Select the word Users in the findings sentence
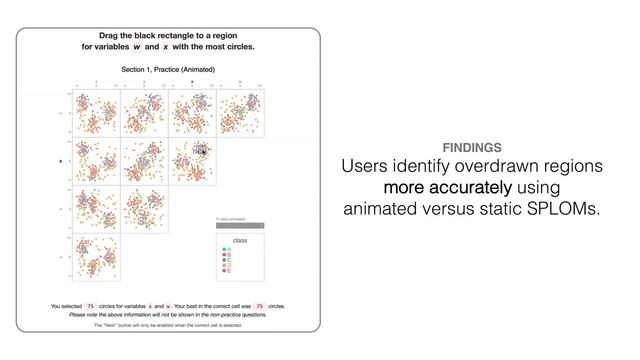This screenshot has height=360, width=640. [368, 166]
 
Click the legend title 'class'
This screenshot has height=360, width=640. [240, 241]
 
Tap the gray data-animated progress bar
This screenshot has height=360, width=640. [240, 226]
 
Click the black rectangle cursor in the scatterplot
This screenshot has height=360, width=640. [201, 150]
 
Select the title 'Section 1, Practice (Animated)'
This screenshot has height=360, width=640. [168, 70]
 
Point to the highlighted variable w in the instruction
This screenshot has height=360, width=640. [136, 47]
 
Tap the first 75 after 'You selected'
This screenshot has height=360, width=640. [90, 306]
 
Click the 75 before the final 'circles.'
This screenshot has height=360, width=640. [259, 306]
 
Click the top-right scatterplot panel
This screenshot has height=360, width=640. [243, 113]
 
